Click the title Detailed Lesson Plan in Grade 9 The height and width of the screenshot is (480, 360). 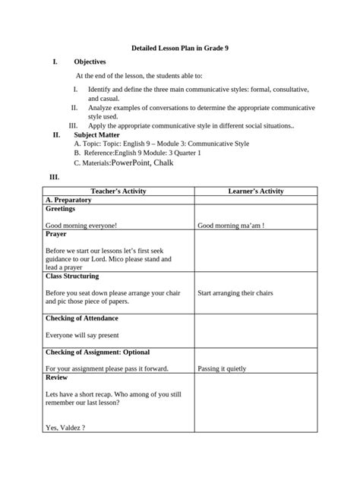[x=180, y=47]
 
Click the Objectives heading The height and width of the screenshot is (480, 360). [x=90, y=62]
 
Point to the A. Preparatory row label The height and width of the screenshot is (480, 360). [x=68, y=200]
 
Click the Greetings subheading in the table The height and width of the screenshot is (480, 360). [x=61, y=208]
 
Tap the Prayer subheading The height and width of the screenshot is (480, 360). [x=56, y=235]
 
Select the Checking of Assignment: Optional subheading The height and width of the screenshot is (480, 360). [x=97, y=352]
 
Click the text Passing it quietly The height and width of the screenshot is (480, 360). [x=222, y=369]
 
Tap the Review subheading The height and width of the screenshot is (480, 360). [x=57, y=377]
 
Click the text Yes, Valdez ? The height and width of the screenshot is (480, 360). [x=65, y=428]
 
